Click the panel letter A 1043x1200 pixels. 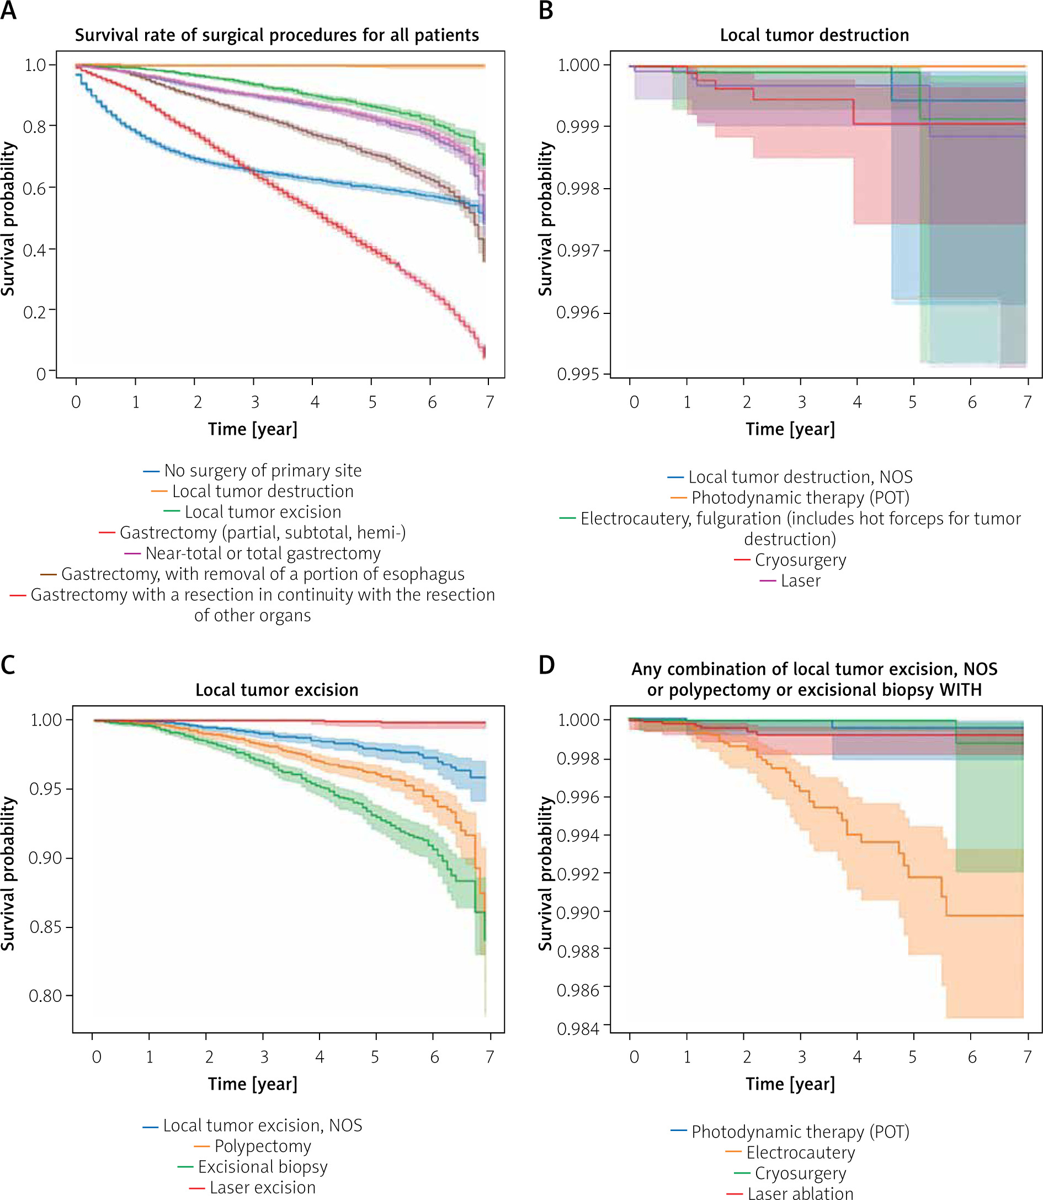coord(8,10)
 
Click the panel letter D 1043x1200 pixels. coord(546,665)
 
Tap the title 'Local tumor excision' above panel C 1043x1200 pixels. coord(276,690)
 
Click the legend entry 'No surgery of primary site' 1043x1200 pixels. coord(263,470)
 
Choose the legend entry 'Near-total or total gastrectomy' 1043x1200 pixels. coord(263,553)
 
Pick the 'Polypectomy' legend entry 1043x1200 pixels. coord(263,1146)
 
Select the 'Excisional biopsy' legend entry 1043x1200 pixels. coord(263,1167)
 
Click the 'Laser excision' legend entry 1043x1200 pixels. coord(263,1187)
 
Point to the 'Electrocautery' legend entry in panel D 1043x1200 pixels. coord(800,1153)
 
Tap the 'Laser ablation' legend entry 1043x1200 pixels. coord(800,1193)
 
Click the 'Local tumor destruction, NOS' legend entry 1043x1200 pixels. coord(800,477)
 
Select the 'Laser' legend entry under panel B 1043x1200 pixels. coord(800,581)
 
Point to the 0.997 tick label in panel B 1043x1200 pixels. coord(578,251)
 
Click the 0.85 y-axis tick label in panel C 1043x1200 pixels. coord(45,927)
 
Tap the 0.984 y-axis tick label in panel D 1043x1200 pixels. coord(578,1029)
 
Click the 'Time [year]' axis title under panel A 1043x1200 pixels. coord(253,429)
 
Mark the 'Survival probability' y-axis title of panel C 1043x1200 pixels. coord(8,873)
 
